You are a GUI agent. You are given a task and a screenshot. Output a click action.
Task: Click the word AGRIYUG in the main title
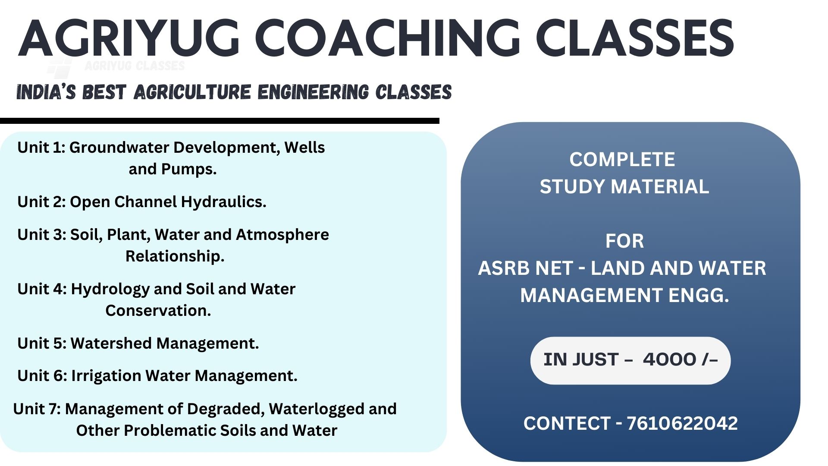click(x=129, y=38)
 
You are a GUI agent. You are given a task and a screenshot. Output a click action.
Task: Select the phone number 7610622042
click(x=682, y=423)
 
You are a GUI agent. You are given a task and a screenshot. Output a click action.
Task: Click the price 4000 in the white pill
click(x=669, y=359)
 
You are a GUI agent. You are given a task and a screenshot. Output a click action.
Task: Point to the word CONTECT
click(x=567, y=423)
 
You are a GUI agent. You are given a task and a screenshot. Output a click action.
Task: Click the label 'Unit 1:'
click(x=41, y=148)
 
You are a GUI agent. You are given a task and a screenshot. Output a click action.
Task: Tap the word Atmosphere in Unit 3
click(x=282, y=235)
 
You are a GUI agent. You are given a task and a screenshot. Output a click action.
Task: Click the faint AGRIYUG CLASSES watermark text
click(x=135, y=66)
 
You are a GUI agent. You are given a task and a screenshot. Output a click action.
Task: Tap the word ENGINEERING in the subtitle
click(x=314, y=92)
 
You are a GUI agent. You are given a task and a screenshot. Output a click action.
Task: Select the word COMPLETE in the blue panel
click(x=622, y=160)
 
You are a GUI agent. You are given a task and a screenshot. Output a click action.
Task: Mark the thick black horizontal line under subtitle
click(x=220, y=121)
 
